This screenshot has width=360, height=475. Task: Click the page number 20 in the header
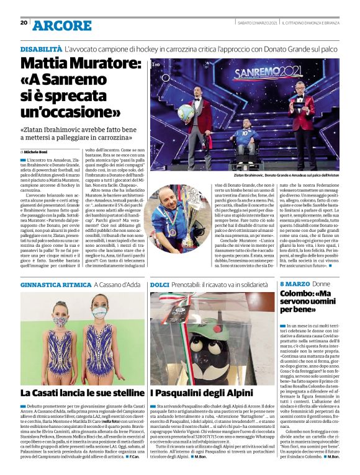(24, 22)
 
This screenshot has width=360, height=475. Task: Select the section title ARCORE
(62, 25)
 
